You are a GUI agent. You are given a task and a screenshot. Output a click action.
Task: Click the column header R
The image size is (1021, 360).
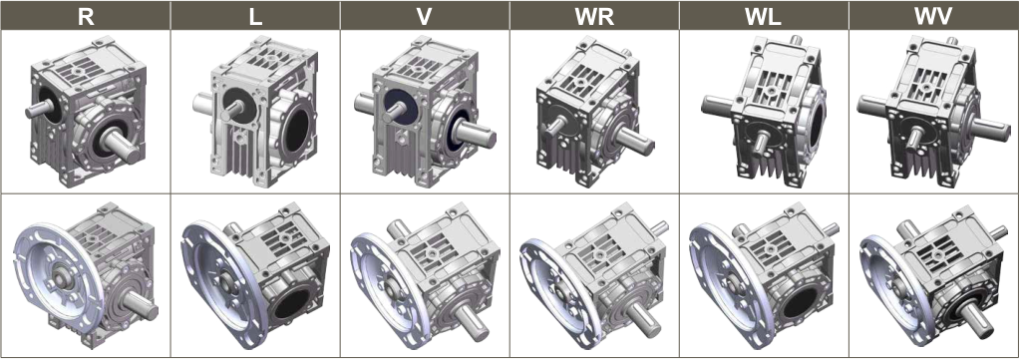pyautogui.click(x=86, y=16)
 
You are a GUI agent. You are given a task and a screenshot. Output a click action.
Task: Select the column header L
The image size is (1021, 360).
pyautogui.click(x=256, y=16)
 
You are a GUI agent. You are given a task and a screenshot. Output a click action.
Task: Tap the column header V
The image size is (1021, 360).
pyautogui.click(x=425, y=16)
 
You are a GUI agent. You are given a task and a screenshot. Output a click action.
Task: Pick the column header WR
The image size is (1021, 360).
pyautogui.click(x=594, y=16)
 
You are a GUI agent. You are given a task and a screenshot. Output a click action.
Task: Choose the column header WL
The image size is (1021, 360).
pyautogui.click(x=764, y=16)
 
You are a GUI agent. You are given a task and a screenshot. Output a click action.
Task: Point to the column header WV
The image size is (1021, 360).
pyautogui.click(x=934, y=16)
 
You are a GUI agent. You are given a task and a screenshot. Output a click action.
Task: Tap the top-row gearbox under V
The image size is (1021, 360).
pyautogui.click(x=425, y=111)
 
